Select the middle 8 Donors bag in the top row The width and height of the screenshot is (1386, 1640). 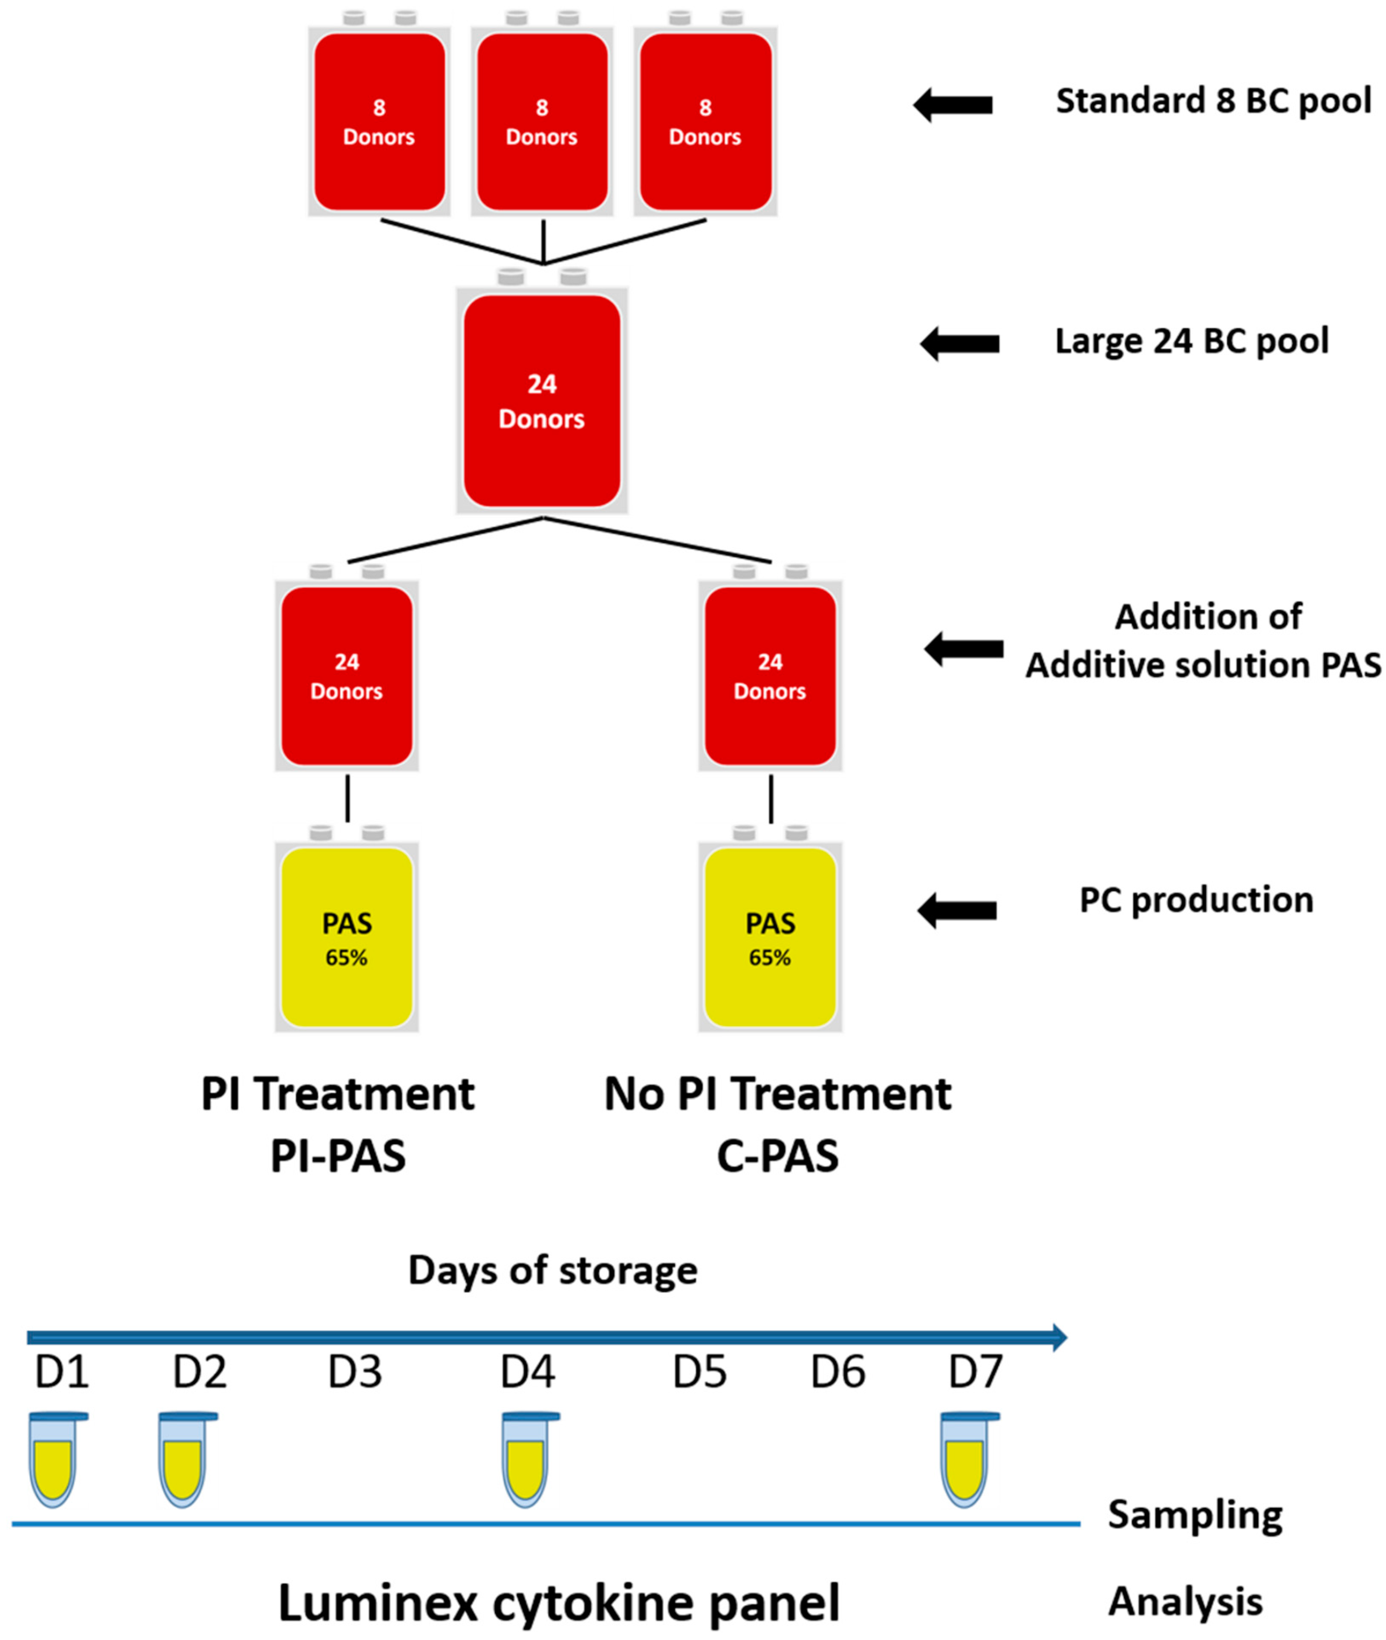click(x=542, y=122)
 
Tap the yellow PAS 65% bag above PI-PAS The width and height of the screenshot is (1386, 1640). click(x=346, y=937)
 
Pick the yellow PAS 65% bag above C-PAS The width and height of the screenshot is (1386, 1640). click(x=770, y=937)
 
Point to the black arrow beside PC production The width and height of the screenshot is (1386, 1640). click(x=957, y=910)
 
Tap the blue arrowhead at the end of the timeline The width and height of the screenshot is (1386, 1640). click(x=1059, y=1336)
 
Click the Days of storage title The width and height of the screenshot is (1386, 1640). click(x=552, y=1270)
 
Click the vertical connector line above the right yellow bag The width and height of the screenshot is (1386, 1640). click(x=771, y=799)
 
